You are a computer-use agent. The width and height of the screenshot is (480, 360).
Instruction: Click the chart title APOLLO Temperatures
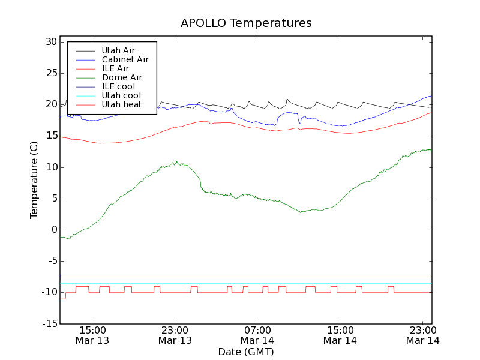[x=246, y=23]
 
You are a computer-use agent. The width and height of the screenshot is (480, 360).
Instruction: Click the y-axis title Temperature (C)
[x=34, y=179]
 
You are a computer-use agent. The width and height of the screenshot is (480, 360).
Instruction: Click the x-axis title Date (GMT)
[x=246, y=352]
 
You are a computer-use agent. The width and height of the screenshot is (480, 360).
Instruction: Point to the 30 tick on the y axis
[x=50, y=42]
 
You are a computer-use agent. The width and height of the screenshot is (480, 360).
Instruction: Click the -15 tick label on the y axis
[x=49, y=323]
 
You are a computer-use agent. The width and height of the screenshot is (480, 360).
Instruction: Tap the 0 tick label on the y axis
[x=53, y=230]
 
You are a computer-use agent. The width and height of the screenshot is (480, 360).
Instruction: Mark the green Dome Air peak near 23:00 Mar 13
[x=175, y=162]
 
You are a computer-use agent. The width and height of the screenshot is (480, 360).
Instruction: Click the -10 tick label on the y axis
[x=49, y=292]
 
